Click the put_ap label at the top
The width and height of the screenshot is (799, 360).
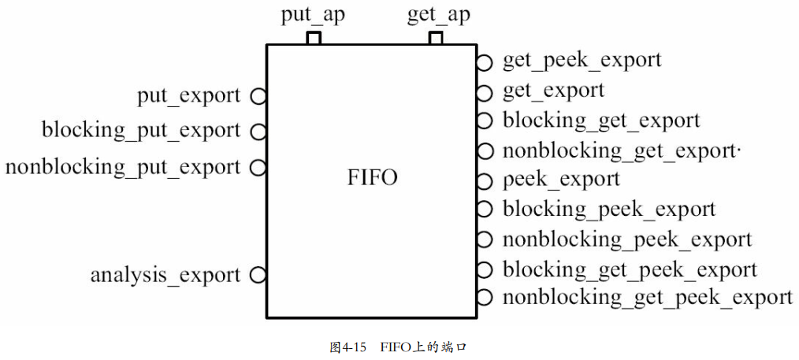[313, 16]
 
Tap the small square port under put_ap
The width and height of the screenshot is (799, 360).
[314, 38]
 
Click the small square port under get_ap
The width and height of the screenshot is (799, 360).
[436, 38]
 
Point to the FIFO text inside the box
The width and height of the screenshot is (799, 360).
[372, 178]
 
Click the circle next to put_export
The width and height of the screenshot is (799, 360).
[258, 96]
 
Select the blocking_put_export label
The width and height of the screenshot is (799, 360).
[141, 130]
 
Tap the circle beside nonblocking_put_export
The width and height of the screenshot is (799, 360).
[258, 167]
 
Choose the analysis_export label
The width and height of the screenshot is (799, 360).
[165, 276]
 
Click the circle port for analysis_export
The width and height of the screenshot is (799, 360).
[258, 275]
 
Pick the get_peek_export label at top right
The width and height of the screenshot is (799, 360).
[582, 60]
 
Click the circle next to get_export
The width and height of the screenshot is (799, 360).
[485, 91]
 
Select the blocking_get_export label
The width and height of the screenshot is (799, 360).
[601, 121]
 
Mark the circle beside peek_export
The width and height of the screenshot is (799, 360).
[485, 180]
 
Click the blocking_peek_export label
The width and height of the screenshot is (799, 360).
[608, 210]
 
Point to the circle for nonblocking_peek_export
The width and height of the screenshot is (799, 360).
[485, 239]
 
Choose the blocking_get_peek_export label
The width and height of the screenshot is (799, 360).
[630, 269]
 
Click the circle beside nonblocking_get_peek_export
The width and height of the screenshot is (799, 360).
[485, 298]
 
